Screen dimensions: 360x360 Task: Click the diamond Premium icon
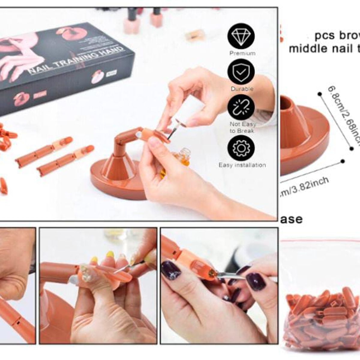pos(241,36)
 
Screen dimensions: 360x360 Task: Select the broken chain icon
pos(241,107)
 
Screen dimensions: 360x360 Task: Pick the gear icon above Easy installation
pos(241,148)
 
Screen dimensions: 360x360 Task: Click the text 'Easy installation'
pos(242,165)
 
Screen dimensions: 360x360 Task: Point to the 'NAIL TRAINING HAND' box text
pos(76,61)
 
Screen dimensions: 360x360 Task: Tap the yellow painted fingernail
pos(110,254)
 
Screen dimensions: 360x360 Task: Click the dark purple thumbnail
pos(171,270)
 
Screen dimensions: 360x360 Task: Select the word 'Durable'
pos(242,89)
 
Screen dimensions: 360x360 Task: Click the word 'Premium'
pos(242,53)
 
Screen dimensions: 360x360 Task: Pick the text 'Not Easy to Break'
pos(242,127)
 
